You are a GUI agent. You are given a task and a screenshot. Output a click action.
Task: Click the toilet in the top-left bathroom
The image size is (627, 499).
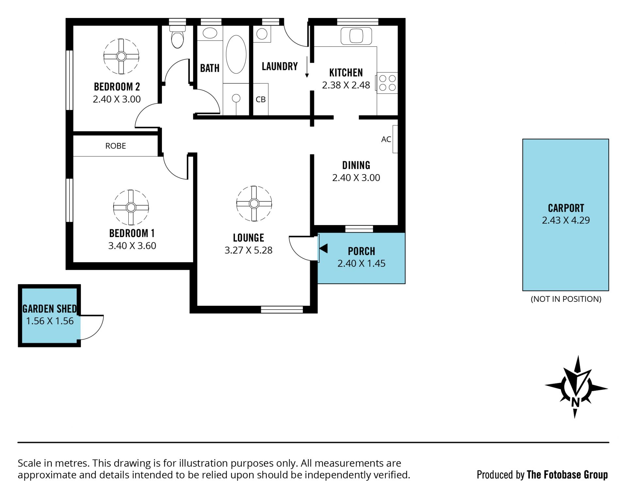click(x=178, y=37)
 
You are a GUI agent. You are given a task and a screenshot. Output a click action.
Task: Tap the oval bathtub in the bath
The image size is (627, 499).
click(x=236, y=54)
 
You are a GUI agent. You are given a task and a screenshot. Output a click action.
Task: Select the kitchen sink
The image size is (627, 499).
click(x=356, y=36)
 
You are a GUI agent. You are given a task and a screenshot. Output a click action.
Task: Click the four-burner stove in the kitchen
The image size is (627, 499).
click(x=387, y=83)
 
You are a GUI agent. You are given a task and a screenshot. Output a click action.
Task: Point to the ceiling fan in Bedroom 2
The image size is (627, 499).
click(x=121, y=56)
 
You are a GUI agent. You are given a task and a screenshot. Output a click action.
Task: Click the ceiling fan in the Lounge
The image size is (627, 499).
click(x=254, y=203)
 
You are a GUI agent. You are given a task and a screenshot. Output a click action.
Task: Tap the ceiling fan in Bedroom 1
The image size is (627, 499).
click(x=131, y=207)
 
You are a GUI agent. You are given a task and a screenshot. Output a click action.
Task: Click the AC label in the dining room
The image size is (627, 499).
click(x=386, y=139)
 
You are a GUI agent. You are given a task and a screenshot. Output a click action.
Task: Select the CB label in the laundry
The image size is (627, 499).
click(x=261, y=99)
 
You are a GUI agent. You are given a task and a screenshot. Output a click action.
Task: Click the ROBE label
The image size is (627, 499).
click(x=116, y=146)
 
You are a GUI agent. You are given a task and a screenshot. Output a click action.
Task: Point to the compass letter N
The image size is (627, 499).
click(x=575, y=402)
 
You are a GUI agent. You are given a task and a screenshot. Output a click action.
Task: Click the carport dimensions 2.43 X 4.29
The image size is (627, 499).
click(x=566, y=220)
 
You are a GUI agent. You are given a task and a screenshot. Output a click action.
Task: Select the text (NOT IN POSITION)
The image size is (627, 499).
click(x=566, y=299)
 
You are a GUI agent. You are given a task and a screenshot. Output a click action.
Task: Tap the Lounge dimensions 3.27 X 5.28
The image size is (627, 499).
click(x=249, y=250)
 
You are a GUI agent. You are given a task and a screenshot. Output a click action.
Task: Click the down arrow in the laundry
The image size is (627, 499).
click(x=307, y=67)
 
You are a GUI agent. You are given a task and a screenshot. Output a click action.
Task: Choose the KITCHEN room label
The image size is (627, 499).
click(x=346, y=72)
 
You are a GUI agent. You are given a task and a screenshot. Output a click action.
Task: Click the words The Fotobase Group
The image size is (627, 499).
click(x=567, y=475)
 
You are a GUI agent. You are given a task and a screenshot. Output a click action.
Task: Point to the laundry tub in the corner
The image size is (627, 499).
click(x=262, y=34)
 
